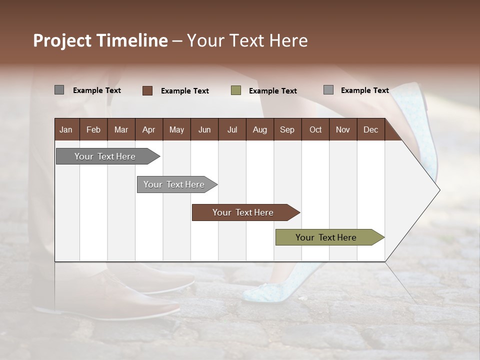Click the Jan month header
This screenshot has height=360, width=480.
click(66, 129)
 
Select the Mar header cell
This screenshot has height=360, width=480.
click(121, 129)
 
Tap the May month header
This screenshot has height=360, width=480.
click(176, 129)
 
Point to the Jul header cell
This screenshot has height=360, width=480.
click(232, 129)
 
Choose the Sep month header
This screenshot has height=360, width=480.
click(287, 129)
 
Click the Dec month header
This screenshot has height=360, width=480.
click(370, 129)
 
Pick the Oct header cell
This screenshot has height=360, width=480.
click(315, 129)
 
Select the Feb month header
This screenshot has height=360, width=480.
click(93, 129)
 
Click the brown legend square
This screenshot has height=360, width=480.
click(147, 90)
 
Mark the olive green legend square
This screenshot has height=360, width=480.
click(236, 90)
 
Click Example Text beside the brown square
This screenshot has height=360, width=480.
click(184, 91)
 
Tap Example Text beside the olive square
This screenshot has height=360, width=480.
click(272, 91)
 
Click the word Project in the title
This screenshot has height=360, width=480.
click(62, 40)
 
